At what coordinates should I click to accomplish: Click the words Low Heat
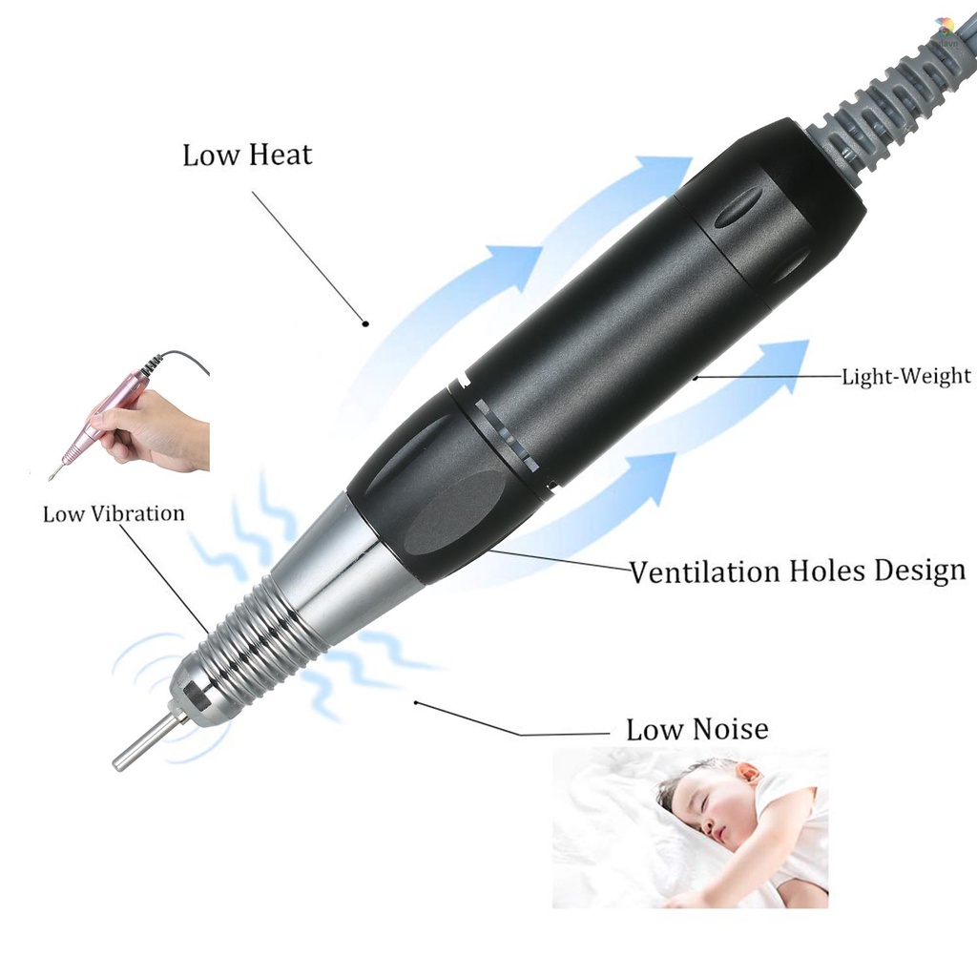click(x=247, y=155)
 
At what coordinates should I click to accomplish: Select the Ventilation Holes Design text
click(x=797, y=572)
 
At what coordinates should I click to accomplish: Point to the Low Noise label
click(x=696, y=730)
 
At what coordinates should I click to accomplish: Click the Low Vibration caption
click(x=114, y=513)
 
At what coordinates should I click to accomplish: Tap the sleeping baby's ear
click(x=747, y=772)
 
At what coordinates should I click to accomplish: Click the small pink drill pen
click(x=105, y=421)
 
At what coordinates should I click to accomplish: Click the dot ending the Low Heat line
click(x=365, y=323)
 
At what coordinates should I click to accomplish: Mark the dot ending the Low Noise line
click(x=416, y=703)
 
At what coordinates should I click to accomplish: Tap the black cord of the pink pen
click(x=181, y=357)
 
